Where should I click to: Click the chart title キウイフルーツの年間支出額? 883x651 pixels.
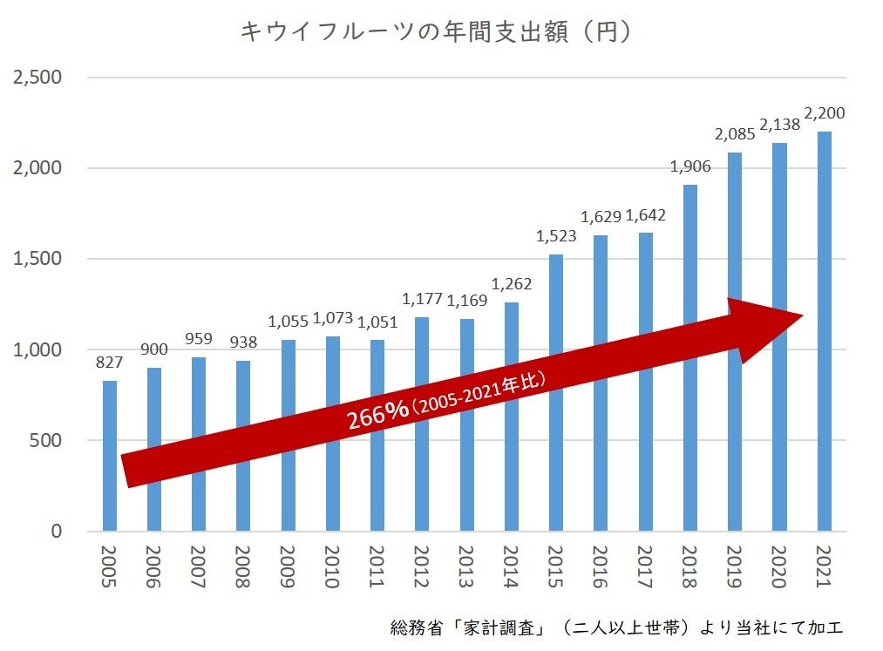tap(435, 32)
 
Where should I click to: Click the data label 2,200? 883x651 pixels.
tap(824, 113)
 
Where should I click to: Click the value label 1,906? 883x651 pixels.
tap(689, 166)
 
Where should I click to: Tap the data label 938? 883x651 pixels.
tap(243, 342)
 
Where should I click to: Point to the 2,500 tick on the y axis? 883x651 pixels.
tap(37, 78)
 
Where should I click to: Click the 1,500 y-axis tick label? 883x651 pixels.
tap(37, 259)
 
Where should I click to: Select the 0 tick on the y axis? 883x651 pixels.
tap(56, 532)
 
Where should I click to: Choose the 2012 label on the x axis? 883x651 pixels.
tap(422, 567)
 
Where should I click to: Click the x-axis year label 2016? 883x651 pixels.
tap(601, 567)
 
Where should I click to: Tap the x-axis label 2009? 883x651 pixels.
tap(288, 567)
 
